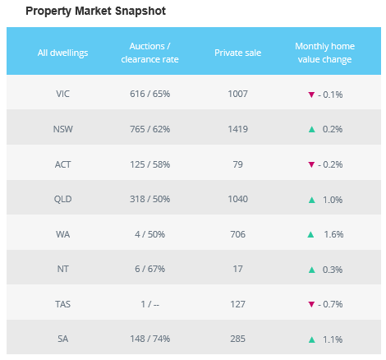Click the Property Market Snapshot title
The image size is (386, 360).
tap(95, 12)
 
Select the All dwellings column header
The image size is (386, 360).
tap(62, 53)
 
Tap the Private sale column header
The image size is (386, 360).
tap(237, 53)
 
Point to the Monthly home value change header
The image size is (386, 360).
tap(324, 53)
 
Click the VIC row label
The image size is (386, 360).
tap(62, 94)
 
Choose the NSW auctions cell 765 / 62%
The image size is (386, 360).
tap(149, 129)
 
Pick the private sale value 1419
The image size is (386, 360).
tap(237, 129)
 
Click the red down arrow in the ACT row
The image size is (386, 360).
tap(311, 164)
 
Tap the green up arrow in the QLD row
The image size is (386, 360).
tap(311, 200)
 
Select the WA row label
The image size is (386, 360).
tap(62, 234)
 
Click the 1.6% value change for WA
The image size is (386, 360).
tap(333, 234)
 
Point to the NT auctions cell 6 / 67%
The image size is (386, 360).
tap(149, 269)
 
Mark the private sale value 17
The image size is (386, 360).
tap(237, 269)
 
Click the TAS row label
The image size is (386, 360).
tap(62, 304)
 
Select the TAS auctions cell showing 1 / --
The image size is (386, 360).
tap(149, 304)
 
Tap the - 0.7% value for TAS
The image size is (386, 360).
tap(330, 304)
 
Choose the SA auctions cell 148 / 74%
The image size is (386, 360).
tap(149, 339)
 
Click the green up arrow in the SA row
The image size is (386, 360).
tap(311, 340)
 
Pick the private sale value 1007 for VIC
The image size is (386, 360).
tap(237, 94)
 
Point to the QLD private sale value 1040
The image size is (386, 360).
tap(237, 199)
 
